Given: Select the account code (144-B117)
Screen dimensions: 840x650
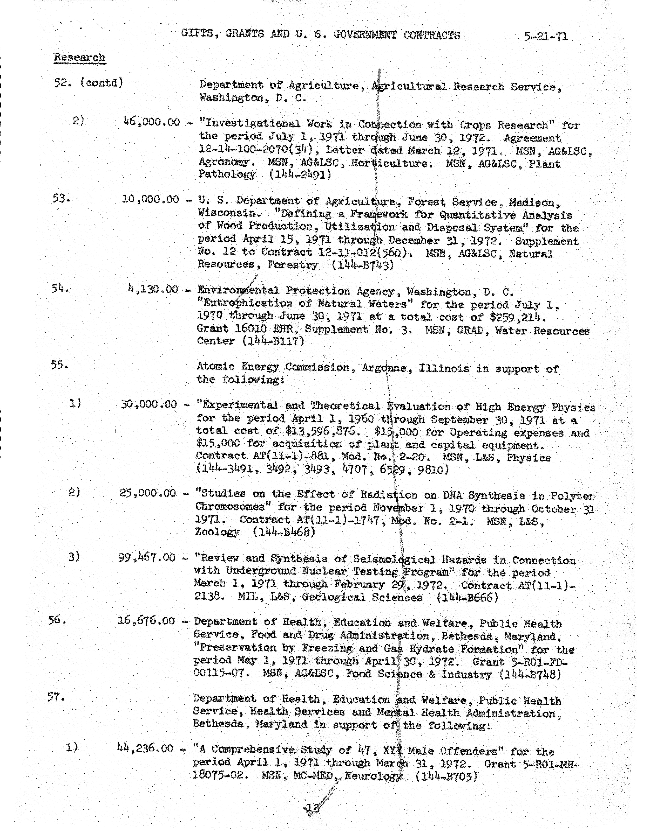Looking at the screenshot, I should (x=273, y=341).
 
